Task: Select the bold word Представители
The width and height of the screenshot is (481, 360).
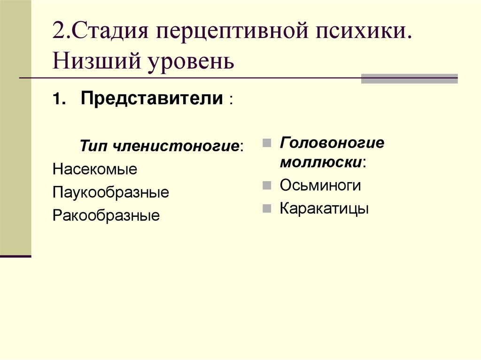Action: [x=152, y=99]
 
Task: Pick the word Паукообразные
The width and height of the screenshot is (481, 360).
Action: [x=111, y=192]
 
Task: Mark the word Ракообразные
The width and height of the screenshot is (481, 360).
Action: [x=106, y=215]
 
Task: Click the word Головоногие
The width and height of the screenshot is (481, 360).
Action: [x=332, y=143]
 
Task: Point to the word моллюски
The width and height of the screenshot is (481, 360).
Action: [x=321, y=162]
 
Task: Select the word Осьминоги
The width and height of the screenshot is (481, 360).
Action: [x=320, y=185]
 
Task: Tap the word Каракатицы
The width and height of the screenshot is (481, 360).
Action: [x=324, y=208]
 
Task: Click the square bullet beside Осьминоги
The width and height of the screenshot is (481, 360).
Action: [x=266, y=185]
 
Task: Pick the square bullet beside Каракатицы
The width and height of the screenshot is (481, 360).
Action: [x=266, y=208]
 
